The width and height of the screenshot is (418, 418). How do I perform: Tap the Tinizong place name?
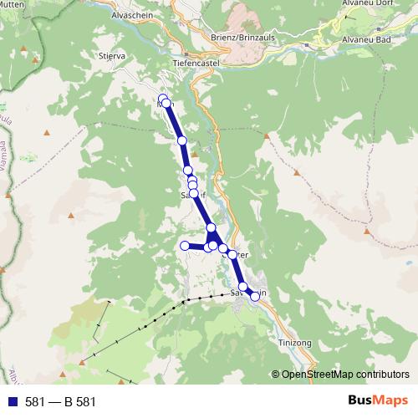click(291, 343)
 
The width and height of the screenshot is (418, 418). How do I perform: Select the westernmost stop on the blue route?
click(185, 246)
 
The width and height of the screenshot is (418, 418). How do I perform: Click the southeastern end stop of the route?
click(255, 296)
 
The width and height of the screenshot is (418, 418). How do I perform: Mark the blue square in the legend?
click(9, 402)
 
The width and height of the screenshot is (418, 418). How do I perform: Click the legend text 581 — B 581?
click(60, 402)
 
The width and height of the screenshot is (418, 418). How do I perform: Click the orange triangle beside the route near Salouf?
click(195, 154)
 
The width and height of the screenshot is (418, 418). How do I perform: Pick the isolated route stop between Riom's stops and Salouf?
click(181, 140)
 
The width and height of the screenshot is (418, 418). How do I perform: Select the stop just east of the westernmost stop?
click(207, 247)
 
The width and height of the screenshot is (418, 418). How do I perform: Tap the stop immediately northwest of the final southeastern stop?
click(243, 287)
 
